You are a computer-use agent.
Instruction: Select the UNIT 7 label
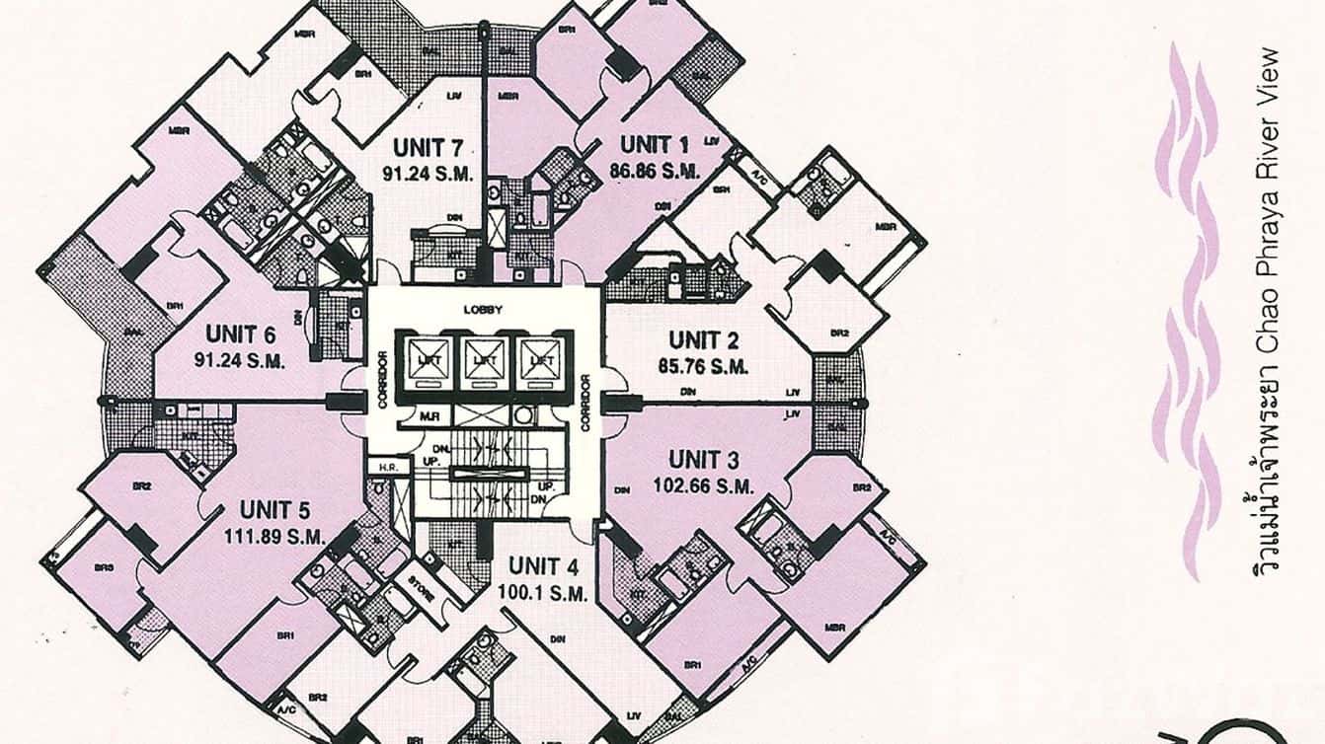point(429,148)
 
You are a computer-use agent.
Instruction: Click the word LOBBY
point(484,309)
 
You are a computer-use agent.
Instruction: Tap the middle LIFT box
point(484,360)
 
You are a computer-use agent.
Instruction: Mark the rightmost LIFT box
point(540,360)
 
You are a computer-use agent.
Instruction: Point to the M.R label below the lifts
point(429,417)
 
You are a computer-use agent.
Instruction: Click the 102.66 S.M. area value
point(704,485)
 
